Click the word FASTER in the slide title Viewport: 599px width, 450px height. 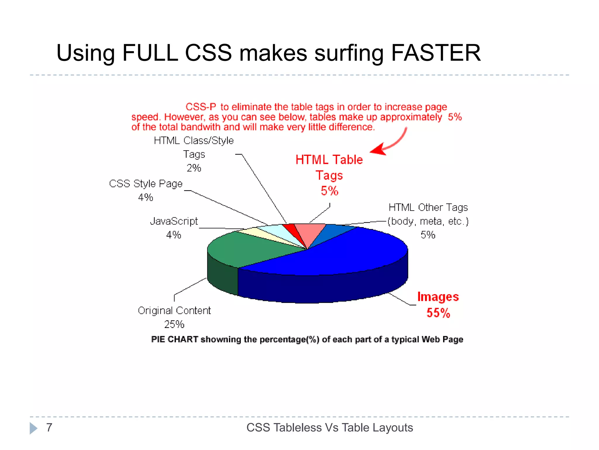436,53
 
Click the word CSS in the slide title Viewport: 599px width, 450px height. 208,53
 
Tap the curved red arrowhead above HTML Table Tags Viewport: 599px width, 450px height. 378,149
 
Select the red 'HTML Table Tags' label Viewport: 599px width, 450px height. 329,167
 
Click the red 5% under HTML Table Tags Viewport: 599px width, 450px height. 329,191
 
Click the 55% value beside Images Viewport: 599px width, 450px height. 438,313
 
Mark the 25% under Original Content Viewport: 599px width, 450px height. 174,324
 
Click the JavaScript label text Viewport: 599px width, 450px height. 174,221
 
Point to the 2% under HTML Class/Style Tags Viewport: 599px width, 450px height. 194,168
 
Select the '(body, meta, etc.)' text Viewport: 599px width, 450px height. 428,221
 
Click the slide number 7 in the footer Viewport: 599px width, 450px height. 49,427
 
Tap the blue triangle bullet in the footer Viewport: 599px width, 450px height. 33,428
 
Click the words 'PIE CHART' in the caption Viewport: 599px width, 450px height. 174,339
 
